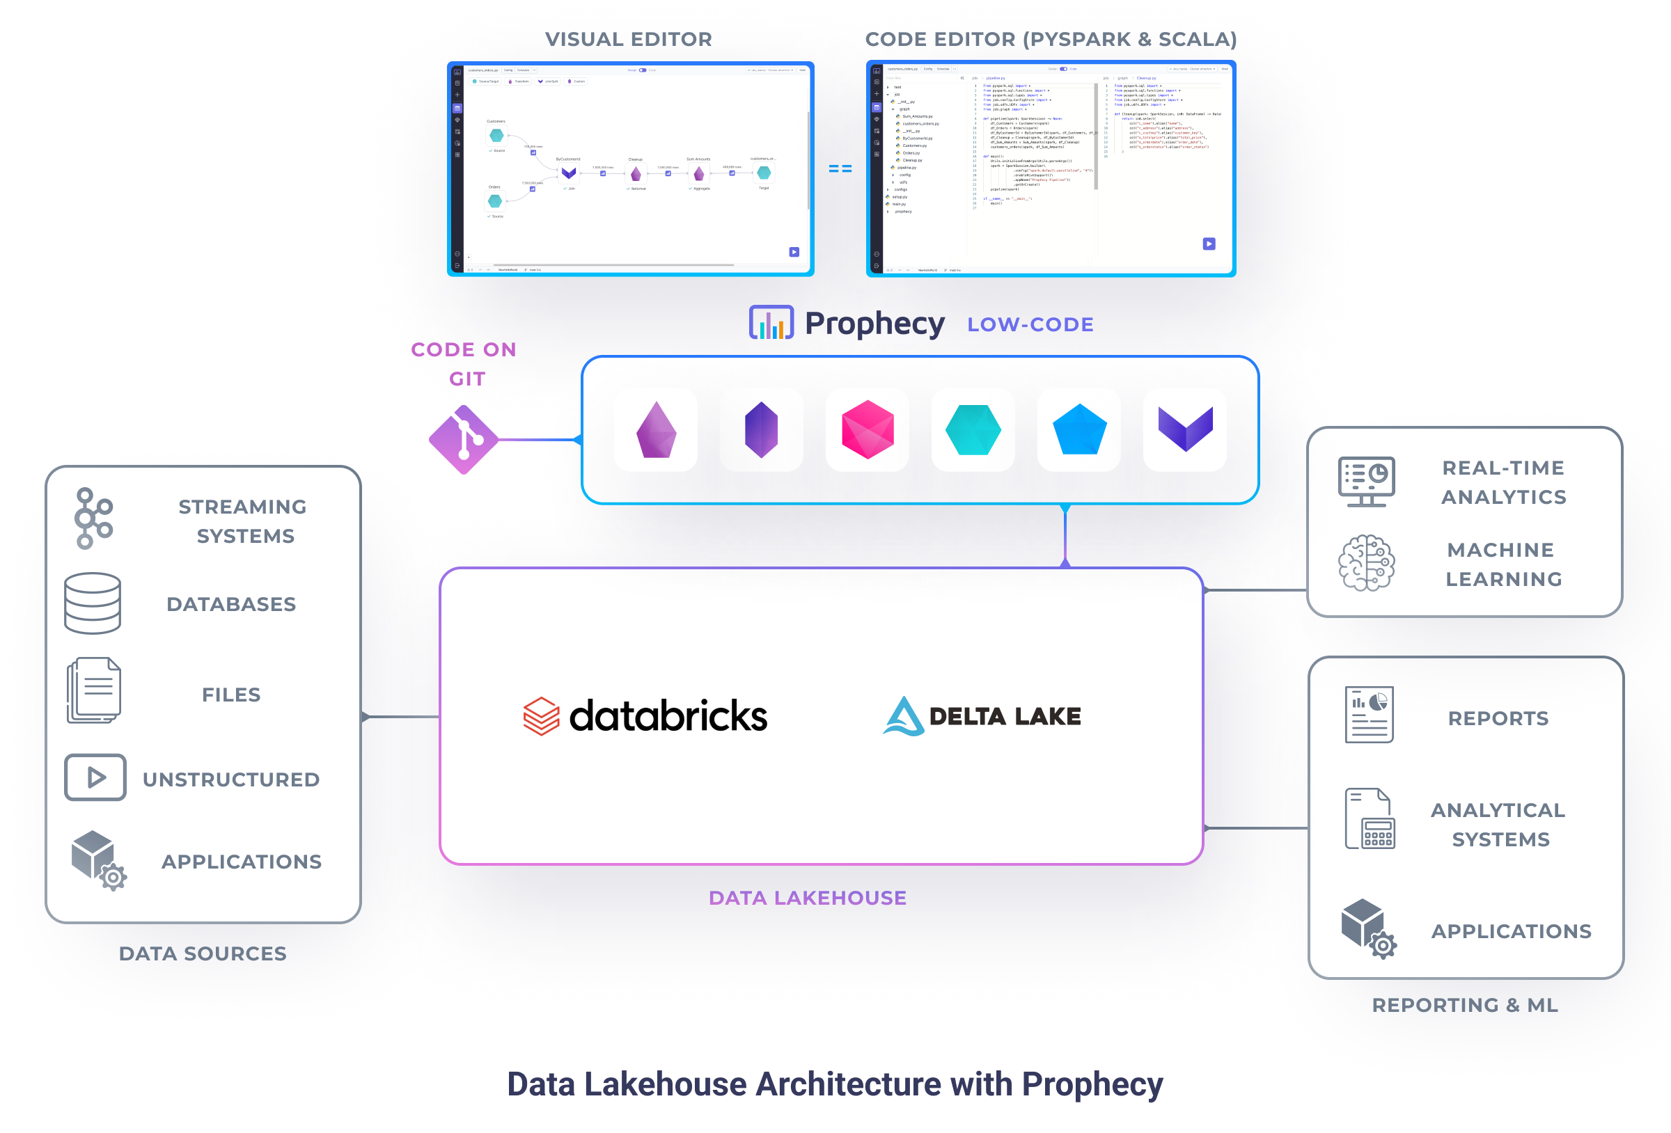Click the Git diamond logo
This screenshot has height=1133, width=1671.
(464, 439)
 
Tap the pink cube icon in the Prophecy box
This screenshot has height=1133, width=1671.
(867, 430)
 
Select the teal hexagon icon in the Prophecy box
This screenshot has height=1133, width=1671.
(973, 430)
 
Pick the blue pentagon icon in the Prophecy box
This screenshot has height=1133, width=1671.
(1078, 429)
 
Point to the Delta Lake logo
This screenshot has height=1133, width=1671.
(982, 716)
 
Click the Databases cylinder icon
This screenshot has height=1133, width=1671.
(93, 603)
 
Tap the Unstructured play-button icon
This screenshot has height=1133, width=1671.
(95, 777)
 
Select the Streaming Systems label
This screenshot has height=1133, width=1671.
(243, 521)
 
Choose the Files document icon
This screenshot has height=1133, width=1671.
(93, 690)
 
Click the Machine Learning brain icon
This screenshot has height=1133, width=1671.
(1366, 563)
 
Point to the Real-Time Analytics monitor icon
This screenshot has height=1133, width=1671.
(1366, 481)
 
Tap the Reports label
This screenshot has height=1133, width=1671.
(1498, 718)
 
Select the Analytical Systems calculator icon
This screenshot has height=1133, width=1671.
(1370, 819)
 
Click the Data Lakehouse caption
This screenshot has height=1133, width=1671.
(808, 898)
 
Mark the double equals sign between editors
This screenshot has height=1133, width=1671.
(840, 168)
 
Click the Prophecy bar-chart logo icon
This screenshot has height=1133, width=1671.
(771, 323)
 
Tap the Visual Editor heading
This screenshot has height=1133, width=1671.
(629, 39)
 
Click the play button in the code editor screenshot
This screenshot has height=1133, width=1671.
(1209, 244)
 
